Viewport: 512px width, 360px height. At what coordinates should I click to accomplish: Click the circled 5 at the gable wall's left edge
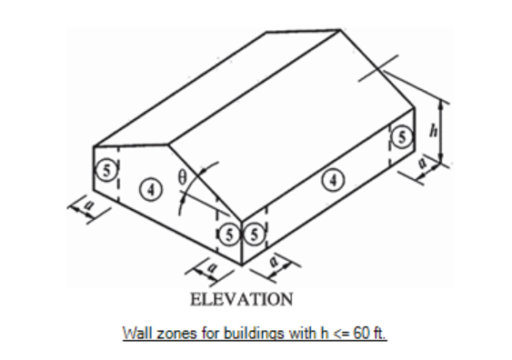pos(106,170)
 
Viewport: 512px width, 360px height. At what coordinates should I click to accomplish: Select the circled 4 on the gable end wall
pos(151,189)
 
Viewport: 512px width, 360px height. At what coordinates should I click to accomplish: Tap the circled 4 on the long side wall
pos(333,179)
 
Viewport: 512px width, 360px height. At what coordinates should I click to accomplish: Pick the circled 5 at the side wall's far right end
pos(402,136)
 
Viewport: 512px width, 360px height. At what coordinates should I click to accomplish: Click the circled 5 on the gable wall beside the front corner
pos(229,235)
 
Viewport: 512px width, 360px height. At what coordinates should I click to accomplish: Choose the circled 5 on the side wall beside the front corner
pos(254,235)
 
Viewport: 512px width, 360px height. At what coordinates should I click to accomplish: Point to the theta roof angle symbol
pos(182,177)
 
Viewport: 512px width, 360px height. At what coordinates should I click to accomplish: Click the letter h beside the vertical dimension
pos(434,131)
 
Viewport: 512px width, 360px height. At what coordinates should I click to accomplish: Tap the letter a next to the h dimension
pos(423,162)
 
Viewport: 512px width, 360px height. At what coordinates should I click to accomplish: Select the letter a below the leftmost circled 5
pos(88,205)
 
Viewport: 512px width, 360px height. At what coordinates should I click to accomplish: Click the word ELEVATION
pos(242,299)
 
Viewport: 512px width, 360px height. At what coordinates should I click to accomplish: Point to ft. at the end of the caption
pos(380,334)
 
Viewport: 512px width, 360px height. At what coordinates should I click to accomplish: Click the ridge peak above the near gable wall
pos(168,145)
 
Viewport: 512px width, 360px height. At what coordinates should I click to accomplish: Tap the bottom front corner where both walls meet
pos(242,265)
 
